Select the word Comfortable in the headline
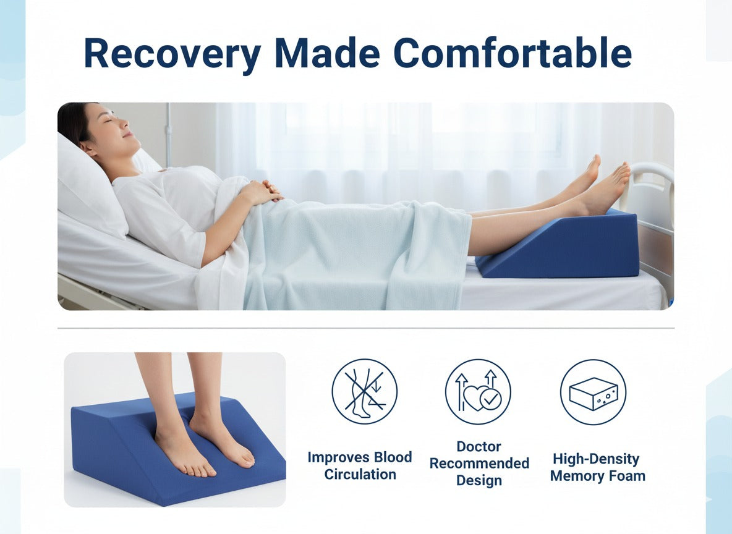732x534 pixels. [x=513, y=54]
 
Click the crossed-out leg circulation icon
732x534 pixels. [x=364, y=392]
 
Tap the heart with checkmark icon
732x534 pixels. [x=478, y=392]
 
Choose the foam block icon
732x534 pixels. [x=593, y=392]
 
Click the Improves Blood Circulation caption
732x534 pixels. [x=360, y=466]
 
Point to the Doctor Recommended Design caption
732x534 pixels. [x=479, y=464]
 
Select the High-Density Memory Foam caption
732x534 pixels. [x=597, y=467]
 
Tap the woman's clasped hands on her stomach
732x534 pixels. [x=265, y=192]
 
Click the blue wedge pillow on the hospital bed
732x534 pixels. [x=569, y=247]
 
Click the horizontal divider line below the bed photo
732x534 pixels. [x=365, y=328]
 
